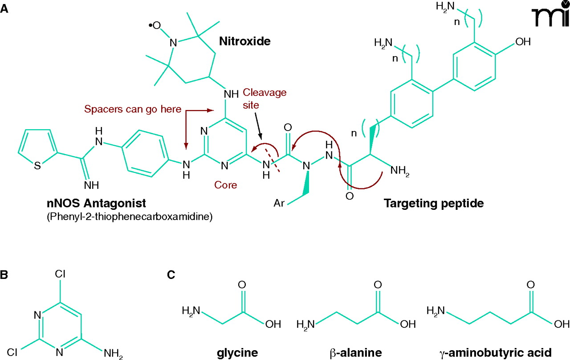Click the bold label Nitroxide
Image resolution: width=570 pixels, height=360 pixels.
(244, 41)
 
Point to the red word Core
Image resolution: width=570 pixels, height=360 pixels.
(226, 185)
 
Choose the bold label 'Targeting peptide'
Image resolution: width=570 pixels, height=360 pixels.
(433, 204)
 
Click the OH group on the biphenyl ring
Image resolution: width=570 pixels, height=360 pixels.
(523, 42)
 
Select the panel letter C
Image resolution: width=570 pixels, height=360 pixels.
(171, 275)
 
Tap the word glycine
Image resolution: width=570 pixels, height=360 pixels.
(237, 352)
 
